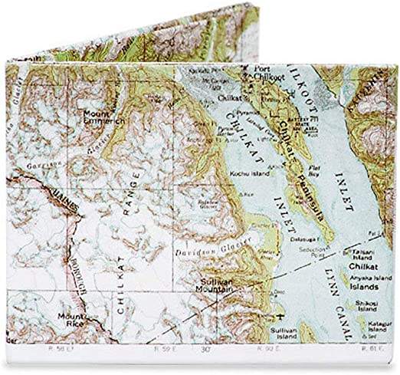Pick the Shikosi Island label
pyautogui.click(x=376, y=304)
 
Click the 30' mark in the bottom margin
pyautogui.click(x=207, y=347)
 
